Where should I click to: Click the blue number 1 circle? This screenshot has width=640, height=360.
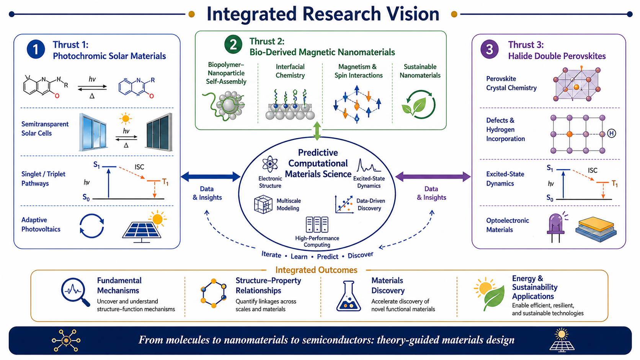tap(36, 49)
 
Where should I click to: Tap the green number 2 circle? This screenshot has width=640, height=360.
tap(233, 44)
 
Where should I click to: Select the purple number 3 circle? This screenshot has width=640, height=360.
tap(490, 49)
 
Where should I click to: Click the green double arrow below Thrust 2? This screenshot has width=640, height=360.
tap(317, 131)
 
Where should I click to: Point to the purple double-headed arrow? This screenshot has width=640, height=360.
tap(433, 177)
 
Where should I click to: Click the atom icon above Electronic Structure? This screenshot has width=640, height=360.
tap(270, 164)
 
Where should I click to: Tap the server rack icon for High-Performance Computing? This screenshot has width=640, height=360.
tap(317, 225)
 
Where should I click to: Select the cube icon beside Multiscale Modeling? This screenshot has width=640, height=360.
tap(263, 204)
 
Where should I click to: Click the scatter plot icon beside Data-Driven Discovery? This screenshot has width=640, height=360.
tap(344, 204)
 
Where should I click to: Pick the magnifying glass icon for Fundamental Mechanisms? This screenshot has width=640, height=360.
tap(75, 292)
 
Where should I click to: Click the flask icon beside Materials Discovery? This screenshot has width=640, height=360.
tap(349, 296)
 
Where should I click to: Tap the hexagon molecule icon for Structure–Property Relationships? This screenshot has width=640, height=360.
tap(214, 293)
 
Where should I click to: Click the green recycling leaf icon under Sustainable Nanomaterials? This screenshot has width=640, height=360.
tap(419, 104)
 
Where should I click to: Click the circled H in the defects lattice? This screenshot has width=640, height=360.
tap(611, 133)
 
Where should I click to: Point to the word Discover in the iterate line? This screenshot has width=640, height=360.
tap(360, 255)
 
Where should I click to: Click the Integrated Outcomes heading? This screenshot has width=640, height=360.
tap(316, 270)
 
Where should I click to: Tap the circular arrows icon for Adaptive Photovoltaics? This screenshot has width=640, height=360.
tap(92, 226)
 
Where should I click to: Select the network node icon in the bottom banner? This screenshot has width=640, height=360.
tap(66, 340)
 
